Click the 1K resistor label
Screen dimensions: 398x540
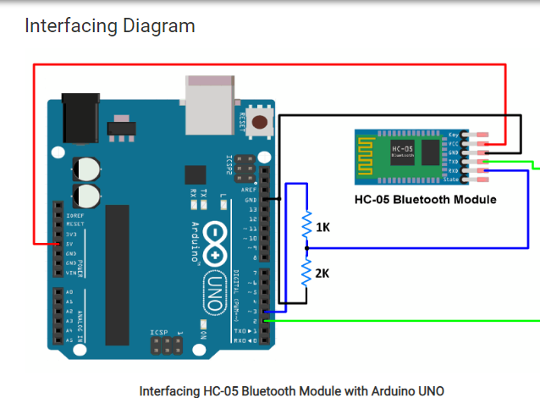323,228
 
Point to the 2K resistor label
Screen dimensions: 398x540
323,274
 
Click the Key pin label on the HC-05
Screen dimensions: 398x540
455,135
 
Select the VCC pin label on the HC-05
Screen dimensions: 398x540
454,143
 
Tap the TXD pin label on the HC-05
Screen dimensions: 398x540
454,161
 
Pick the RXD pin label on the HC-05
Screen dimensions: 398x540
454,170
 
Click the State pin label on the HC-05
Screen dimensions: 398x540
452,180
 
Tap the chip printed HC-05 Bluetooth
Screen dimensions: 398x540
403,152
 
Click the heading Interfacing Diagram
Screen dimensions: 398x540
110,25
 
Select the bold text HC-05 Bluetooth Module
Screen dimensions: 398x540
425,200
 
